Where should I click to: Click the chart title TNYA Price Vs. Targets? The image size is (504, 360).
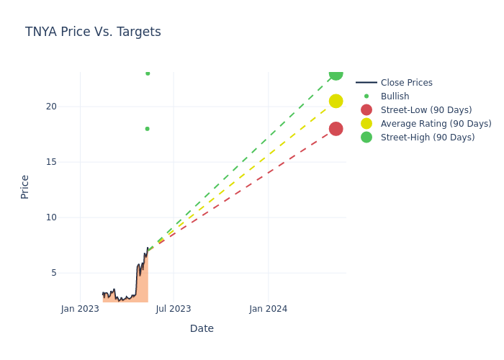point(93,32)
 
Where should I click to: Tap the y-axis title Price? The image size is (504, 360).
point(25,186)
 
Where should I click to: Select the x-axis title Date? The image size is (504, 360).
point(202,328)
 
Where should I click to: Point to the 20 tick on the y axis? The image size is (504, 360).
point(51,107)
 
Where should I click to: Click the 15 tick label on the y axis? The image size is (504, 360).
point(51,162)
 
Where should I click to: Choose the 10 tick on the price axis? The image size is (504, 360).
point(51,217)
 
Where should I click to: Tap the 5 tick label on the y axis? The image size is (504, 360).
point(53,273)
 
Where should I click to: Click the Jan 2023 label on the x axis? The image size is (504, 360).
point(80,309)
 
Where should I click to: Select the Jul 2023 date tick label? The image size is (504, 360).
point(174,309)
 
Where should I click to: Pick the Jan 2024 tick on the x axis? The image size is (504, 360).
point(268,309)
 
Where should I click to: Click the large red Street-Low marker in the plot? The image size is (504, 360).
point(336,129)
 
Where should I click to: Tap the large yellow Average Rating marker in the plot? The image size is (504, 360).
point(336,101)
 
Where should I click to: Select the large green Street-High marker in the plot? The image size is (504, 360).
point(336,73)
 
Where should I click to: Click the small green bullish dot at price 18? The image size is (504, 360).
point(147,129)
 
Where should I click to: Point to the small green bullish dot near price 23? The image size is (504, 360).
point(148,73)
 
